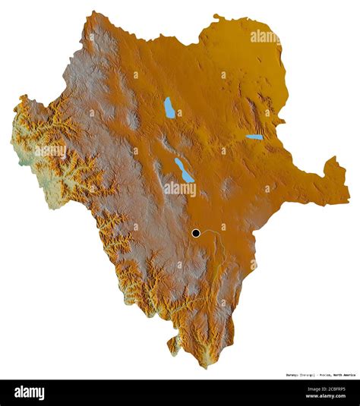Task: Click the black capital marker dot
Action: [197, 233]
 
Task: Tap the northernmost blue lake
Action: [169, 107]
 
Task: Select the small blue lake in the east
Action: [254, 137]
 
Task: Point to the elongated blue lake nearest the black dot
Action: [184, 170]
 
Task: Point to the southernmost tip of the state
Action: [203, 366]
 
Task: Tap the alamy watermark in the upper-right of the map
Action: [265, 36]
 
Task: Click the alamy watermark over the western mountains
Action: [49, 150]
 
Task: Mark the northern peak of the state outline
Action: [95, 13]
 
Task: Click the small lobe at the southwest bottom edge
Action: [174, 345]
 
